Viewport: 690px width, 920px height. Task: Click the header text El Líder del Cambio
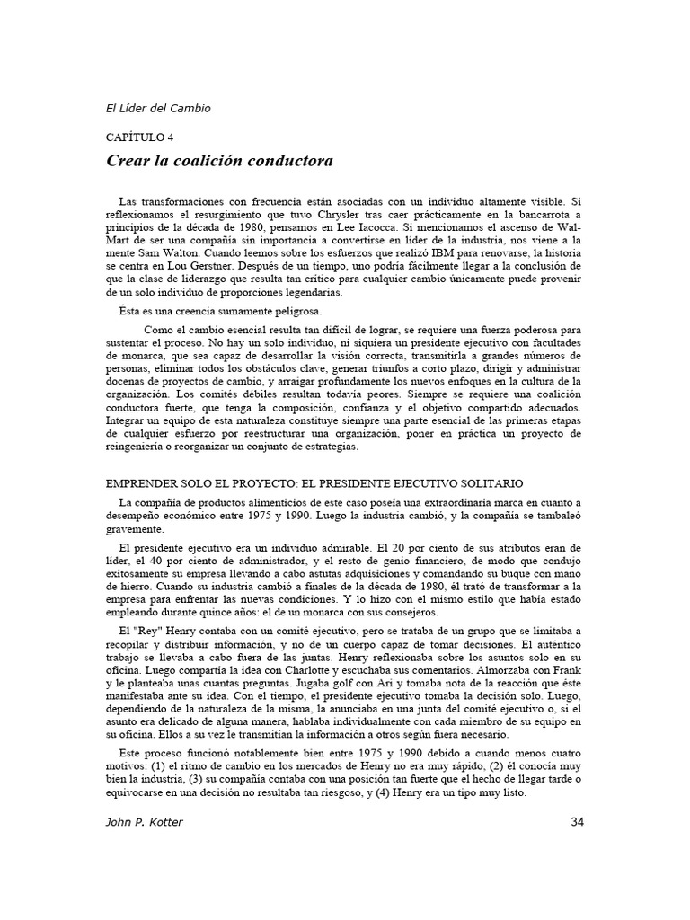(158, 109)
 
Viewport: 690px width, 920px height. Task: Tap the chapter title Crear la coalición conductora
(220, 161)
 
